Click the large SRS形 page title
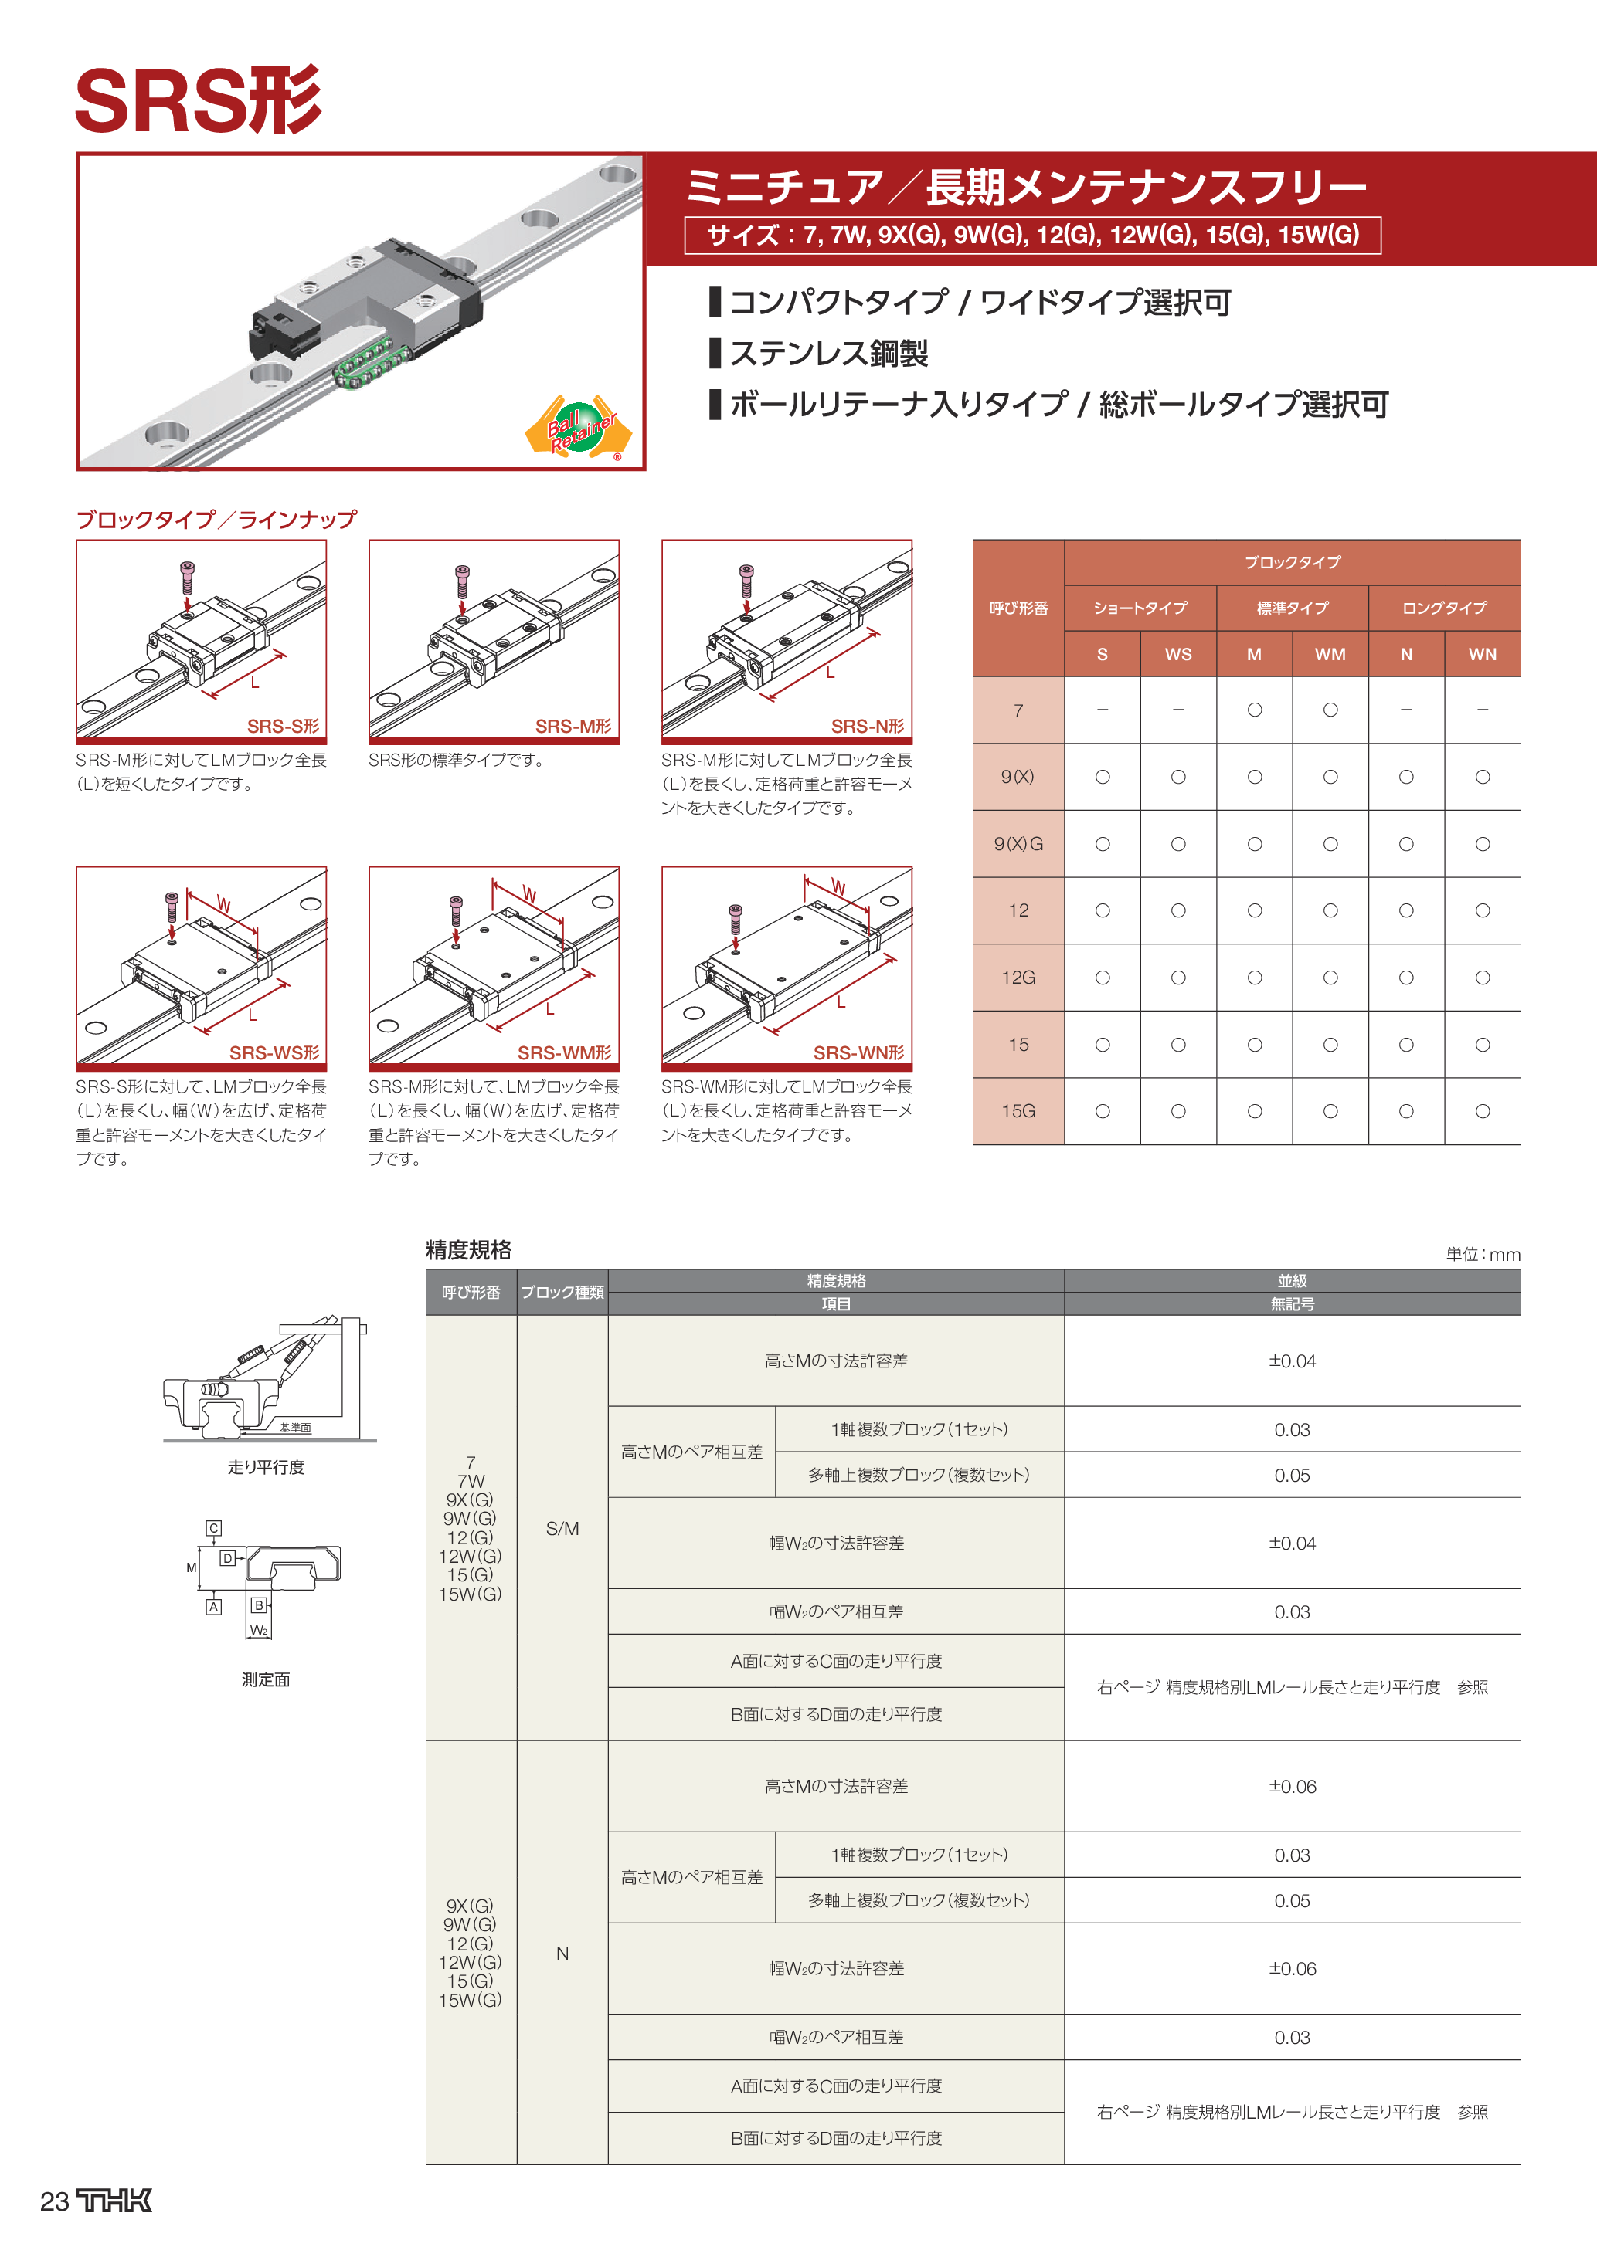[x=199, y=101]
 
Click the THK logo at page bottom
[x=114, y=2201]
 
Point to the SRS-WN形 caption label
[x=858, y=1052]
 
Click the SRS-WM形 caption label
[x=565, y=1052]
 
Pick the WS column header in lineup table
[x=1178, y=655]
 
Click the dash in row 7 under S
[x=1103, y=710]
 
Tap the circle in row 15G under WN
[x=1482, y=1112]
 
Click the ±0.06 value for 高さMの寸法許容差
[x=1292, y=1787]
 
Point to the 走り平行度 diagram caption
[x=267, y=1466]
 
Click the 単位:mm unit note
[x=1483, y=1254]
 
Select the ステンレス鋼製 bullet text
[x=828, y=353]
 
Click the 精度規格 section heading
[x=468, y=1250]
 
